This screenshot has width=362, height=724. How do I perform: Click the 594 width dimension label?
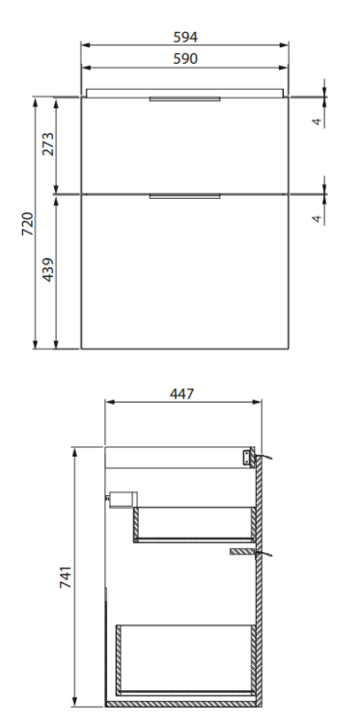[x=185, y=36]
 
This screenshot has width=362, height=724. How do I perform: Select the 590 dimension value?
[x=185, y=58]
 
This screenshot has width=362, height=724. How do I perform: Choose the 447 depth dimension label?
[x=183, y=393]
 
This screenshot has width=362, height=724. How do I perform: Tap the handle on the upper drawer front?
[x=185, y=99]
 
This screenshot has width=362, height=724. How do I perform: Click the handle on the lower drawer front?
[x=185, y=197]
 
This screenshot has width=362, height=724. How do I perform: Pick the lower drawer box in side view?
[x=183, y=658]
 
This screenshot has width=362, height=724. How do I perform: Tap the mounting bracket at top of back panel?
[x=249, y=457]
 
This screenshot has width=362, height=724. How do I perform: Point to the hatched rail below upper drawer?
[x=240, y=552]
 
